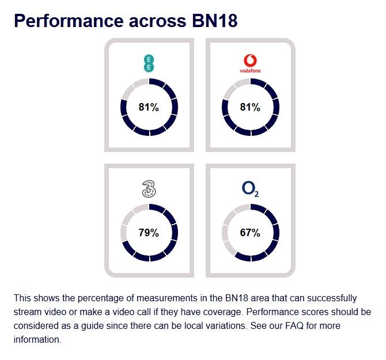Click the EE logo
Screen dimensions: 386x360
[149, 63]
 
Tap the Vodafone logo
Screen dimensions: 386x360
[250, 64]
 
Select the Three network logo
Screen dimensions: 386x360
[149, 189]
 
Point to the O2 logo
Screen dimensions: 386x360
[250, 190]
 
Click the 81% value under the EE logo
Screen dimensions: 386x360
[149, 107]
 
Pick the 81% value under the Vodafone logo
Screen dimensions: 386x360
[250, 107]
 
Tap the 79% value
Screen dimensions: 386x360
[149, 233]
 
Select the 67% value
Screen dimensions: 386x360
[250, 233]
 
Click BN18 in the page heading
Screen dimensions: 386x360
[215, 21]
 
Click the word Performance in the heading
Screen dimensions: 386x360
[69, 21]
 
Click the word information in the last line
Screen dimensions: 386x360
[37, 340]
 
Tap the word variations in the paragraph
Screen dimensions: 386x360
[222, 326]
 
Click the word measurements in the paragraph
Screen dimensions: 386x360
[167, 298]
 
